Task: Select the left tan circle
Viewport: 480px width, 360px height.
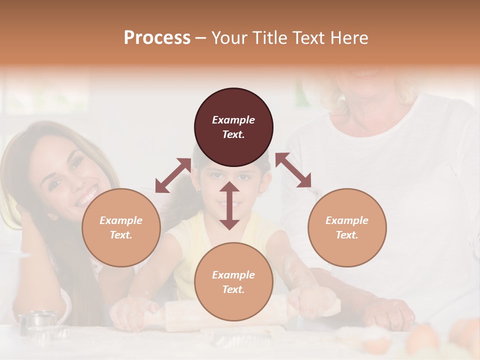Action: (x=121, y=227)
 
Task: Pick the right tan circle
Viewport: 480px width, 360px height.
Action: (x=347, y=227)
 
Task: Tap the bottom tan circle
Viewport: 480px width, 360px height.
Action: (x=233, y=282)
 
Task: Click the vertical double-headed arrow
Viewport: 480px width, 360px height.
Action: (x=229, y=205)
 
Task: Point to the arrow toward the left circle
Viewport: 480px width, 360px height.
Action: (x=172, y=175)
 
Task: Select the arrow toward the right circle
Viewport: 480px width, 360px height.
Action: (x=293, y=170)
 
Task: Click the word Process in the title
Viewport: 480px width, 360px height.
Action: (x=157, y=37)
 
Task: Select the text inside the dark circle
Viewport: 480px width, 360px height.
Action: (x=233, y=127)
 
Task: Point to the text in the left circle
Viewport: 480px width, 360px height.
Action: (x=121, y=227)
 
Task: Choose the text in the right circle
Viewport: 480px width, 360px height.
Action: (x=347, y=227)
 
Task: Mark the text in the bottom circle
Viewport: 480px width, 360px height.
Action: (x=233, y=282)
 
